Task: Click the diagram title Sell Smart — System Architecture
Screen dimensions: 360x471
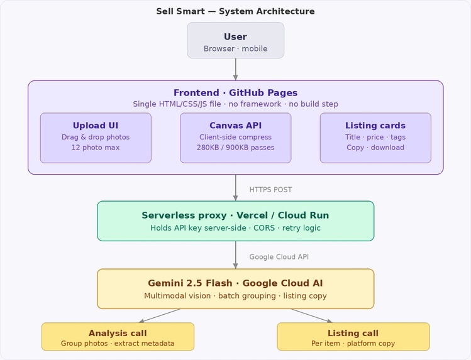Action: [x=235, y=11]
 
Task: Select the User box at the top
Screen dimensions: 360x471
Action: [x=235, y=40]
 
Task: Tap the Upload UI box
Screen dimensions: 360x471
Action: [x=96, y=138]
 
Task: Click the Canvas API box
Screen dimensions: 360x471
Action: [x=235, y=138]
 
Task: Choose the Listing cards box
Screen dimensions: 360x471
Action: [x=375, y=138]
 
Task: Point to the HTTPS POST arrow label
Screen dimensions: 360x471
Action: [x=270, y=190]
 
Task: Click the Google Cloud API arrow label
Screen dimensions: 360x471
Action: [x=279, y=257]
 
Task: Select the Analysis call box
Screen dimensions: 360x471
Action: [x=118, y=337]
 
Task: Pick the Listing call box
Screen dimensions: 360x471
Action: [x=353, y=337]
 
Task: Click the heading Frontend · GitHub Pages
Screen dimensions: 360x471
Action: [x=235, y=93]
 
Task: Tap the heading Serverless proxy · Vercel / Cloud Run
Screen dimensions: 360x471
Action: [x=235, y=215]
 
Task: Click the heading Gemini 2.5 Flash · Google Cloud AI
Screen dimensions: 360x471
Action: [x=235, y=283]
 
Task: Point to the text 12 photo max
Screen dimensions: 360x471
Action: [x=96, y=148]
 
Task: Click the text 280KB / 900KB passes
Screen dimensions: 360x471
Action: [x=235, y=148]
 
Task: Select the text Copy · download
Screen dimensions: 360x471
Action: [x=375, y=148]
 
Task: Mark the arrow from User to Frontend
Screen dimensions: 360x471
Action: [x=235, y=69]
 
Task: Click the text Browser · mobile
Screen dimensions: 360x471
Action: [x=235, y=48]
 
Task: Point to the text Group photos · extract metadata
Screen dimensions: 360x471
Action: [x=118, y=344]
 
